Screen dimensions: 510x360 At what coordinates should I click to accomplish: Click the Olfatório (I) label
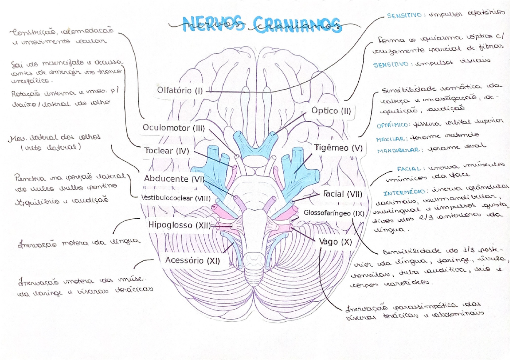click(180, 90)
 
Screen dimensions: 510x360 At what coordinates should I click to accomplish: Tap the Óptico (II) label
click(331, 111)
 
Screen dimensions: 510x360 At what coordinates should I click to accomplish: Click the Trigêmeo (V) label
click(339, 148)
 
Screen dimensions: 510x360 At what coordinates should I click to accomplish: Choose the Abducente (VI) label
click(174, 179)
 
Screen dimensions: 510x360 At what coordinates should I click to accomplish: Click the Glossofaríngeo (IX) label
click(334, 212)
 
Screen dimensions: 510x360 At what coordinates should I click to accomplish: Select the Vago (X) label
click(336, 242)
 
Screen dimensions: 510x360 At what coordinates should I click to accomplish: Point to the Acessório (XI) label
click(192, 261)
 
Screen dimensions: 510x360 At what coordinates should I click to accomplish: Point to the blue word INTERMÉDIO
click(401, 193)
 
